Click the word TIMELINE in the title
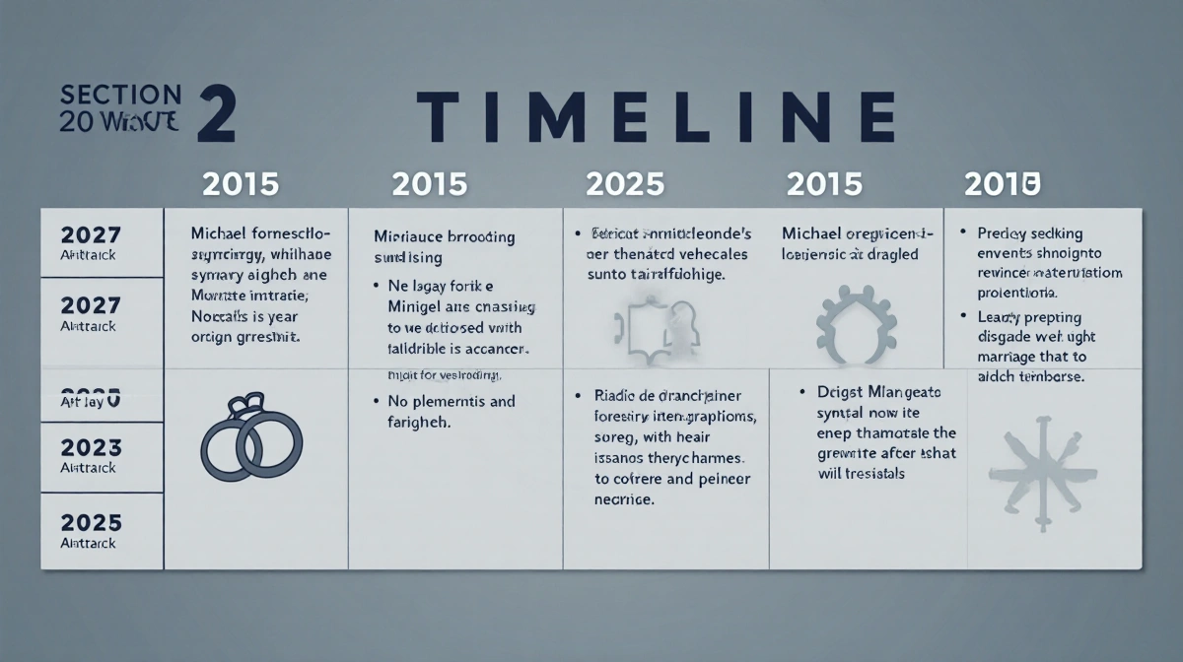(655, 117)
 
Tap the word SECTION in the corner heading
(120, 96)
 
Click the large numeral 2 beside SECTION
(216, 115)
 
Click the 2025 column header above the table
(625, 183)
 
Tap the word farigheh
(413, 422)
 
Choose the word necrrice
(624, 500)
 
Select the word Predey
(1003, 233)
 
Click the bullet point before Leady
(962, 317)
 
